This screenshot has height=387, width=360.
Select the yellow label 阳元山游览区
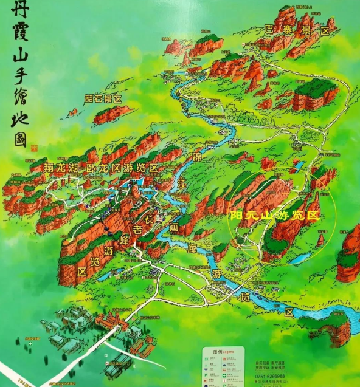coord(275,216)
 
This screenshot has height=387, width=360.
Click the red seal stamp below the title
coord(34,146)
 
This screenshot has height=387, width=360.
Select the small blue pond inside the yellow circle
coord(302,258)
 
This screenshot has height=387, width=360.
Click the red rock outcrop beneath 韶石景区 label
coord(112,114)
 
